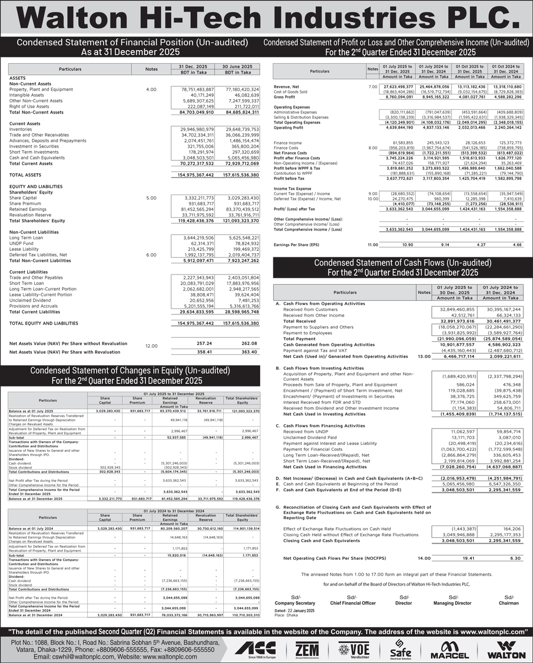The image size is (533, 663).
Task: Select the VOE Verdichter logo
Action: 354,649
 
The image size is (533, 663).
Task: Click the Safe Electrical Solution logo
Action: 401,650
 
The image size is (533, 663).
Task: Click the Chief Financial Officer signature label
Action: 353,603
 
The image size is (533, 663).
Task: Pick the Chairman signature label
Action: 508,603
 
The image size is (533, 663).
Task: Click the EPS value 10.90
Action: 407,245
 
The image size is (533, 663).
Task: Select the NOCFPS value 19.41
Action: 454,558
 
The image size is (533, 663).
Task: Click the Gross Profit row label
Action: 284,98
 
